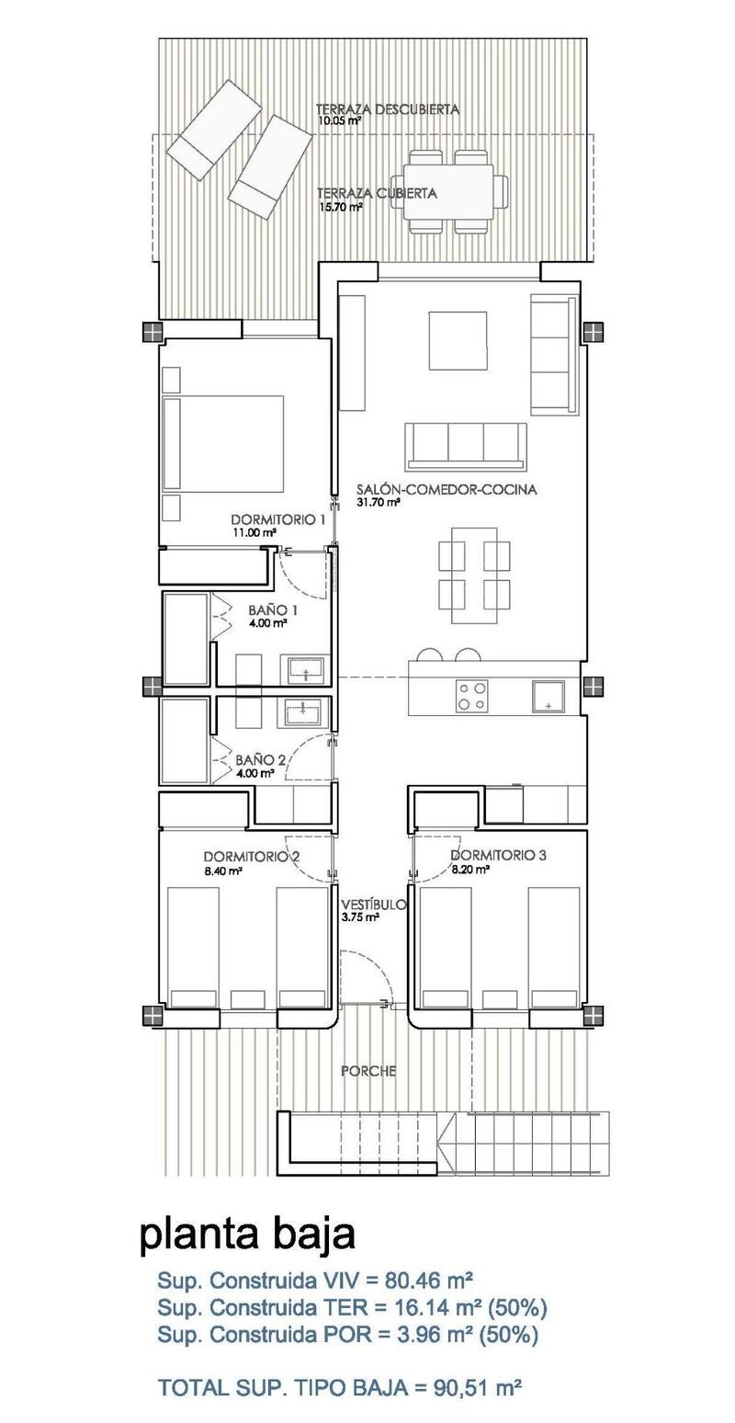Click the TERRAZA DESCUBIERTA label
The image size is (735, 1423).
[x=387, y=108]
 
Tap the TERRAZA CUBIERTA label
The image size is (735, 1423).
[x=377, y=194]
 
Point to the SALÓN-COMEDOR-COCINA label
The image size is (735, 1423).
[x=447, y=490]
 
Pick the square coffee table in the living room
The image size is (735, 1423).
[x=458, y=340]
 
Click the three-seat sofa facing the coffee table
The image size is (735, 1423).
[x=468, y=446]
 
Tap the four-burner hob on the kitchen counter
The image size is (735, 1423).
[x=473, y=694]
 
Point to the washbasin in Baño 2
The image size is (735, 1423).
[x=302, y=710]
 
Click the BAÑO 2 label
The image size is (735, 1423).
[x=261, y=760]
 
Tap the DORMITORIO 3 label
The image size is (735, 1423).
[x=498, y=855]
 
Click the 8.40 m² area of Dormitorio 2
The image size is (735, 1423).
[x=222, y=870]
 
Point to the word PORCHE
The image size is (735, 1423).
[x=367, y=1071]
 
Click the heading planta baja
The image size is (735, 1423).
[x=247, y=1235]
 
